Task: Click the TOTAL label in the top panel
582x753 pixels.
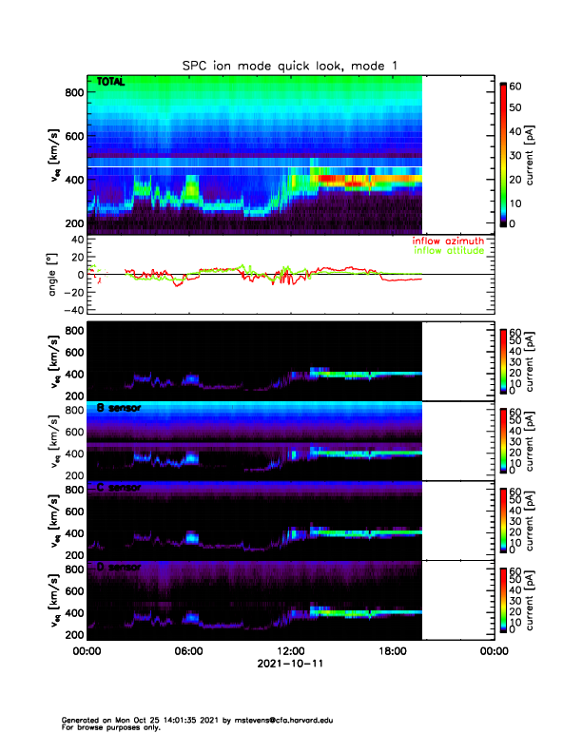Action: tap(111, 83)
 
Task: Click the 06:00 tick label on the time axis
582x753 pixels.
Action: tap(188, 652)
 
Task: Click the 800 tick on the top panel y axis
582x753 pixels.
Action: tap(74, 92)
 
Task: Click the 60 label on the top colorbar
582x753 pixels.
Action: tap(517, 87)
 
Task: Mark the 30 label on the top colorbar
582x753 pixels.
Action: tap(517, 155)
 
